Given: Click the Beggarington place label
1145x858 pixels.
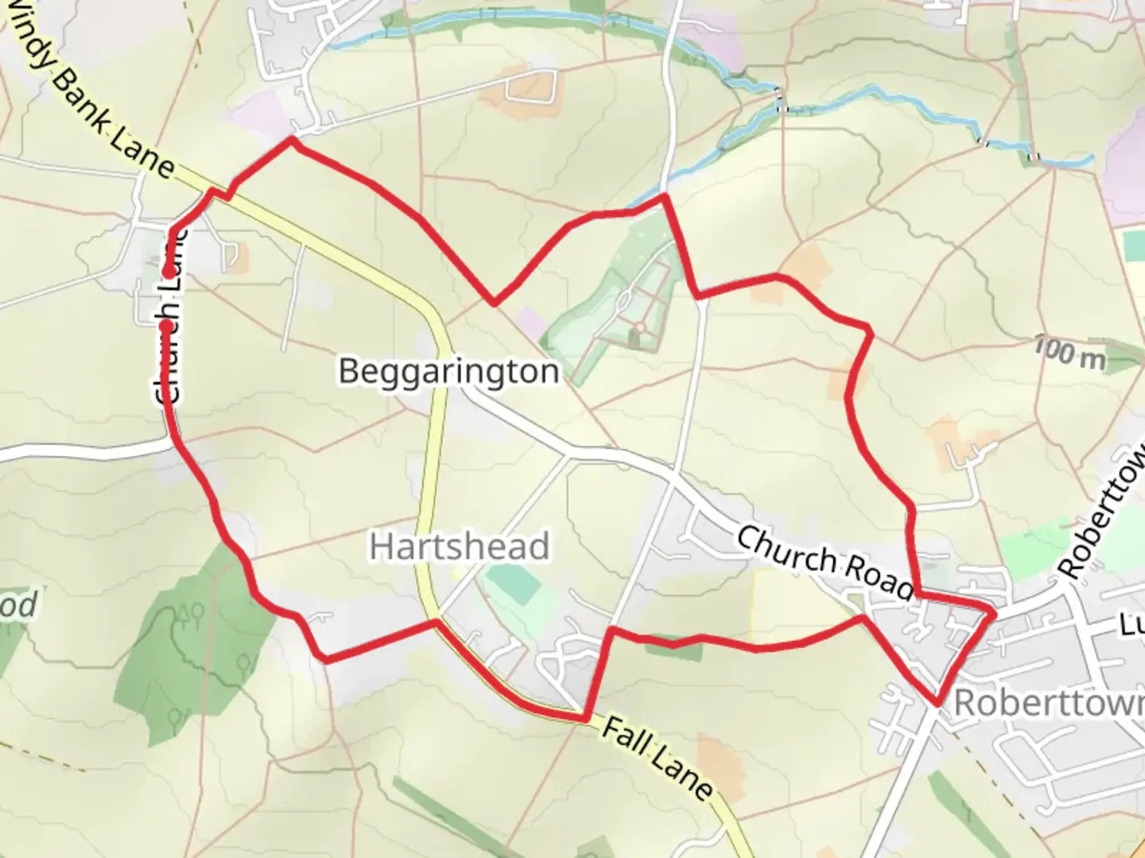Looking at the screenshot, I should (448, 371).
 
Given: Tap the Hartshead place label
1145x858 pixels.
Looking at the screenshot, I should (460, 547).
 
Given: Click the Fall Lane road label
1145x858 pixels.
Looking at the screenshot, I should (657, 759).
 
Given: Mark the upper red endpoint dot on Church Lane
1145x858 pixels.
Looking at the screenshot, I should (169, 272).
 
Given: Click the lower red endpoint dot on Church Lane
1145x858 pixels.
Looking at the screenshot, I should (165, 326).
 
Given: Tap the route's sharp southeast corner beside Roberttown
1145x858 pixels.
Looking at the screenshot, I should (939, 702).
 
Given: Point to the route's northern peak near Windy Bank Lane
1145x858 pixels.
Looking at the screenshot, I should (292, 140).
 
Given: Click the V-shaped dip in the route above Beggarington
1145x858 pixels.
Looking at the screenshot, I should (495, 302).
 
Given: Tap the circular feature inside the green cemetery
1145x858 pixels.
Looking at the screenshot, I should (640, 327).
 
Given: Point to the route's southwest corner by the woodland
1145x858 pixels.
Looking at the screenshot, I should (324, 658).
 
